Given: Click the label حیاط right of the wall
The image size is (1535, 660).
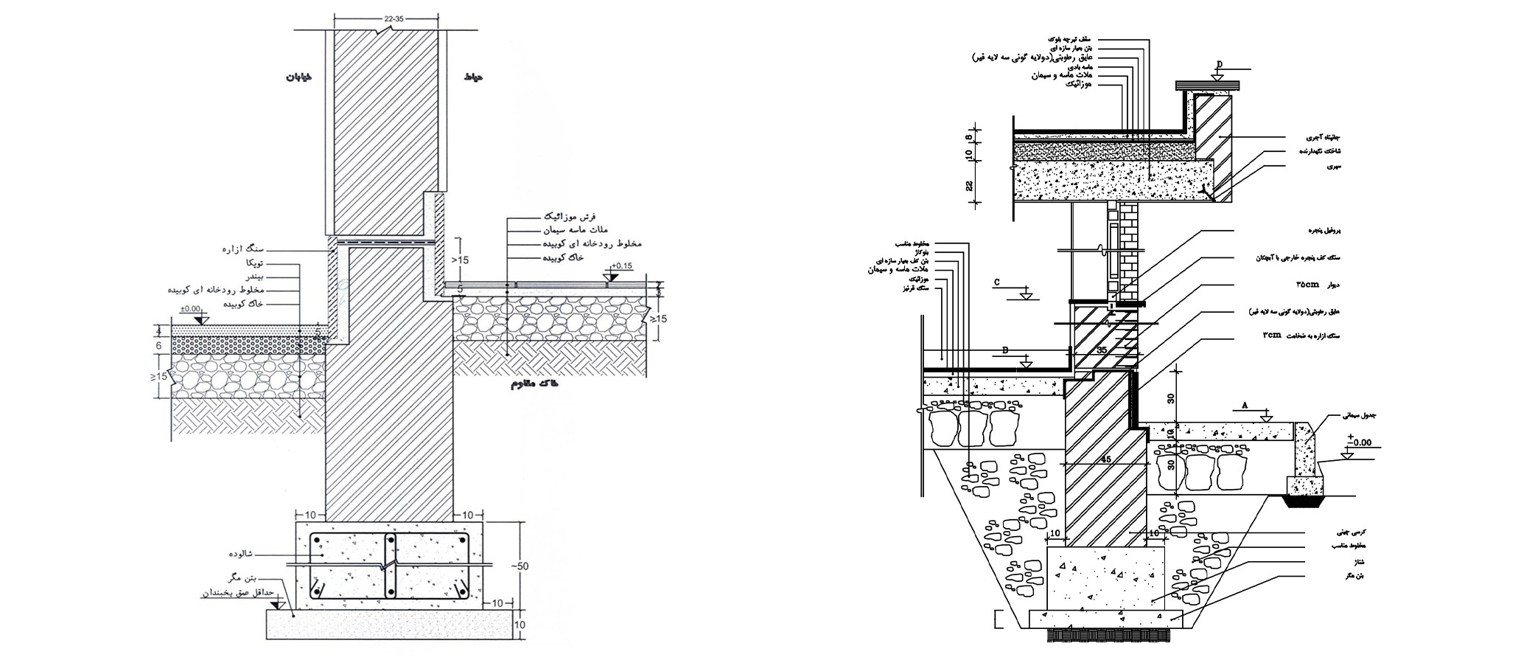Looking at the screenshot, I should pyautogui.click(x=473, y=76).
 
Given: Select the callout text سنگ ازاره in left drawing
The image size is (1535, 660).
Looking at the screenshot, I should pyautogui.click(x=242, y=249).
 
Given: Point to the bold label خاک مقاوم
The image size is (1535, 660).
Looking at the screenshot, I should pyautogui.click(x=534, y=384).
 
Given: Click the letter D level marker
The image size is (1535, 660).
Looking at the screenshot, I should pyautogui.click(x=1219, y=64).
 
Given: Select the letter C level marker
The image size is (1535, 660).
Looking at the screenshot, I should pyautogui.click(x=997, y=282).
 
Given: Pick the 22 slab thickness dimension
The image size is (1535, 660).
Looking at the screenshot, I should pyautogui.click(x=970, y=186).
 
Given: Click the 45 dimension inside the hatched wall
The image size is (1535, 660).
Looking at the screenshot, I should pyautogui.click(x=1106, y=459).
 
